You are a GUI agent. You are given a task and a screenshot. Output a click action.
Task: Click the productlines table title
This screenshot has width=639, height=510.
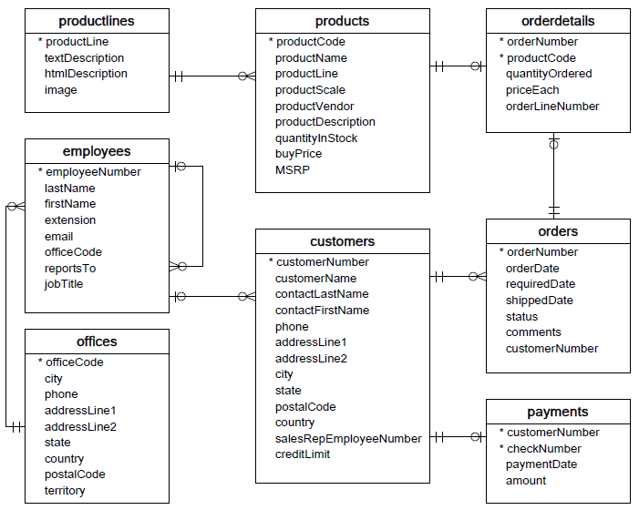point(97,21)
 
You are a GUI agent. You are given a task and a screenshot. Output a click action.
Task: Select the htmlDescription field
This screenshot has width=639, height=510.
point(86,74)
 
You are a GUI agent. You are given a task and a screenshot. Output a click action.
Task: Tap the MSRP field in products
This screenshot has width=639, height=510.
point(293,170)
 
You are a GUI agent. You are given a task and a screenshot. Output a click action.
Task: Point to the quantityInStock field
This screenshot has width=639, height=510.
point(316,138)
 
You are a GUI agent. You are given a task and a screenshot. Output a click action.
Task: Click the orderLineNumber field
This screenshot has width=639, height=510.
point(552,107)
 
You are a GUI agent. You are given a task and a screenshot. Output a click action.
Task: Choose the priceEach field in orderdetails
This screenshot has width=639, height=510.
point(532,90)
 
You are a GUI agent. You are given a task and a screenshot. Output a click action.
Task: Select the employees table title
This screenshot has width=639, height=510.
point(97,151)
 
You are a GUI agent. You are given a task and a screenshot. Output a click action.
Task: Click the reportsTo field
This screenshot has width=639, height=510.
point(70,269)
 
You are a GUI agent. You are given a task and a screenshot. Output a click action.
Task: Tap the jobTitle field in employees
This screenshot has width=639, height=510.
point(64,284)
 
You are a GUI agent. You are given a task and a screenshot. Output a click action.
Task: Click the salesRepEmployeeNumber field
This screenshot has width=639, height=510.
point(348,439)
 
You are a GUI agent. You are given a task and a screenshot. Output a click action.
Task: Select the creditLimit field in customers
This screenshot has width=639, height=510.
point(303,454)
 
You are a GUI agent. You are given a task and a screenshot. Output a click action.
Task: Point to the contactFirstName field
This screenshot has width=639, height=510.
point(322,311)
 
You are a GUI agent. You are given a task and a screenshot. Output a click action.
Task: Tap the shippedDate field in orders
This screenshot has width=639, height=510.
point(540,301)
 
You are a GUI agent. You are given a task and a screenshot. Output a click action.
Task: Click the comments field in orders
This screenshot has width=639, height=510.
point(533,332)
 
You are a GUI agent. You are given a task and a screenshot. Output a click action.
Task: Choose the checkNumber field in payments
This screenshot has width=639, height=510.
point(544,449)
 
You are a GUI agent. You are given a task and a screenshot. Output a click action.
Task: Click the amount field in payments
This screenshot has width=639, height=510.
point(526,481)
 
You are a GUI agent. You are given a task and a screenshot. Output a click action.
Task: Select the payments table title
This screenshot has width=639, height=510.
point(558,412)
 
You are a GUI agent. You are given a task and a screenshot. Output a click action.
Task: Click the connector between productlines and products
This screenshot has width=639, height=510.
point(212,76)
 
